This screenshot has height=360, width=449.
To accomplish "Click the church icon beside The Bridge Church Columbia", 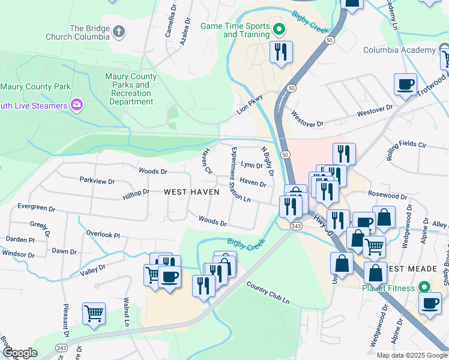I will [119, 31].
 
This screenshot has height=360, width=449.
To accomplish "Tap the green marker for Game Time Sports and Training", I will [279, 28].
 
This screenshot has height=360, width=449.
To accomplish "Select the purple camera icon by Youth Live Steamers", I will [76, 106].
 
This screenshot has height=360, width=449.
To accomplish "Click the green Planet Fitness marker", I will [425, 287].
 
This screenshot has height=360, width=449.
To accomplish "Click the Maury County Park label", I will [36, 87].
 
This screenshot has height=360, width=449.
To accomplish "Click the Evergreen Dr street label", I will [36, 206].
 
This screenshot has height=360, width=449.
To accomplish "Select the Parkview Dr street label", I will [97, 180].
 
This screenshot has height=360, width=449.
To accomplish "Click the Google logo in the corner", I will [19, 353].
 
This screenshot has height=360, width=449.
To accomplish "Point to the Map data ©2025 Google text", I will [412, 355].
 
